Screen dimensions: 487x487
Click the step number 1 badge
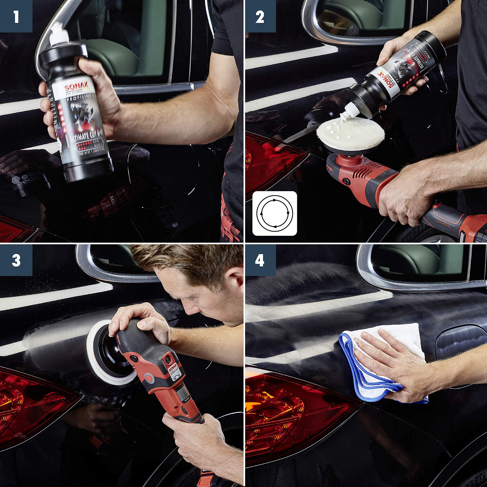click(x=16, y=16)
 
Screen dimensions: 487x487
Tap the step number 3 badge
click(x=16, y=260)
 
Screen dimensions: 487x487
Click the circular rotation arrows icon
click(x=275, y=213)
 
